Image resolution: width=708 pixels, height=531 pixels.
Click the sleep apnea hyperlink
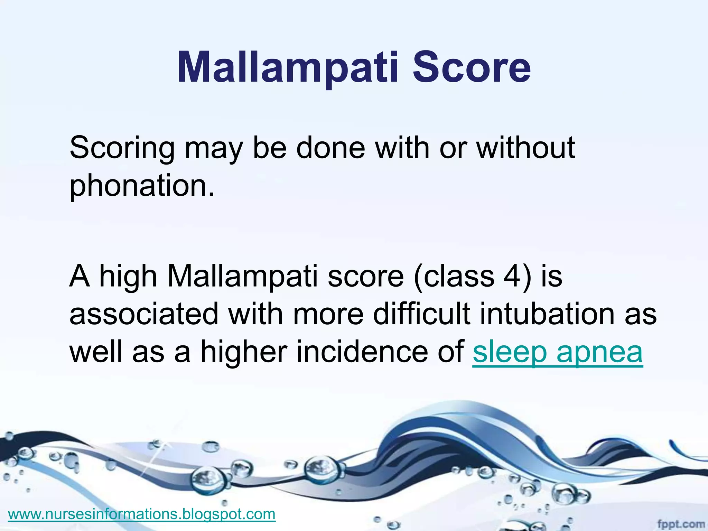[557, 352]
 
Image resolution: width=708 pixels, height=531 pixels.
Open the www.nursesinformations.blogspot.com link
[142, 514]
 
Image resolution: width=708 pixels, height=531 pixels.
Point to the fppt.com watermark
[681, 524]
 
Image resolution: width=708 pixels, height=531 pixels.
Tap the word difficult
[421, 314]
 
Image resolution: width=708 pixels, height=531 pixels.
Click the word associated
[144, 314]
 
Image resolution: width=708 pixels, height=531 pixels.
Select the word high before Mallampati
[128, 277]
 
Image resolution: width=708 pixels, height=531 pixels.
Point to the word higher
[244, 352]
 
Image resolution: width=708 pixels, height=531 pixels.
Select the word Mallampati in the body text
[242, 277]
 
